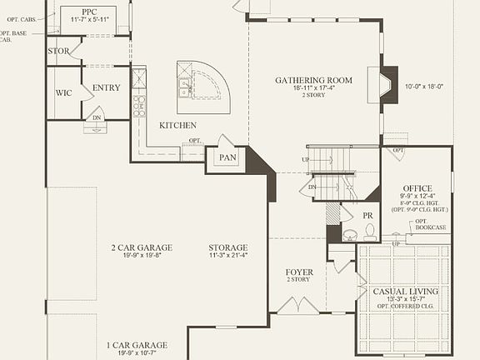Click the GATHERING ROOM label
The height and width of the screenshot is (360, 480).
point(314,81)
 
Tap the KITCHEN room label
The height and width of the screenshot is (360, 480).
point(177,125)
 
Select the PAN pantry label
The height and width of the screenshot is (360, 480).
point(227,157)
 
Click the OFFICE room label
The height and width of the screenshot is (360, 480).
point(417,188)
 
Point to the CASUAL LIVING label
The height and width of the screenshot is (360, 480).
point(407,292)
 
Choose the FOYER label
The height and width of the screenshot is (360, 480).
point(299,272)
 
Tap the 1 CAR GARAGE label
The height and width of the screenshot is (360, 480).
point(137,345)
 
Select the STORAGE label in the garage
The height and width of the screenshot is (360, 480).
point(228,247)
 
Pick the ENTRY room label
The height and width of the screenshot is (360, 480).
point(107,87)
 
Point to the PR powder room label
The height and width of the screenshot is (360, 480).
point(367,215)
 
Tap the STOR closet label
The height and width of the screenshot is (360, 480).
point(58,51)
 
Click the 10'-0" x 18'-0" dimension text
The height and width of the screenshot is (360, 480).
point(425,86)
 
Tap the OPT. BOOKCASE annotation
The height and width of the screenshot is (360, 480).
point(431,226)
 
